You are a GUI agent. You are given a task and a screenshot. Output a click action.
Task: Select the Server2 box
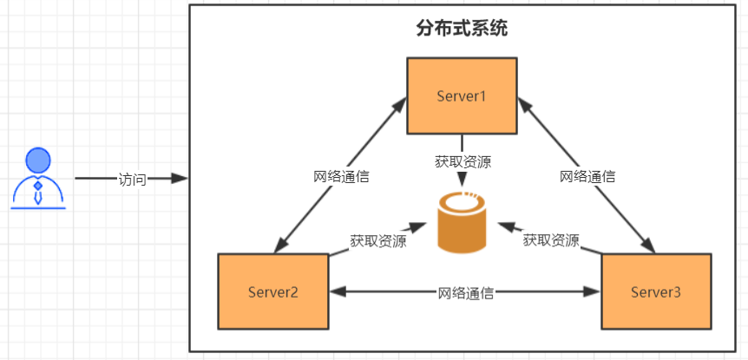[273, 291]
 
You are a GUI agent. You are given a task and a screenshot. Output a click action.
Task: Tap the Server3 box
[655, 291]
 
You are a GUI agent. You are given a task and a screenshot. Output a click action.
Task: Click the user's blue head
[37, 160]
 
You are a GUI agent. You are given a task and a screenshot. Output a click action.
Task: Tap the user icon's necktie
[37, 193]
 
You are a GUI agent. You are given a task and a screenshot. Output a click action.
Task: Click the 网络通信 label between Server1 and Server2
[341, 176]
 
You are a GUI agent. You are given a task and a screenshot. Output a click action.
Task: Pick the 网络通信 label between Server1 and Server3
[587, 176]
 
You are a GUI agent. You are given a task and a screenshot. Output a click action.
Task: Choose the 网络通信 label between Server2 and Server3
[465, 292]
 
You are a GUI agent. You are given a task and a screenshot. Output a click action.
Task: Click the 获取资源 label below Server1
[463, 160]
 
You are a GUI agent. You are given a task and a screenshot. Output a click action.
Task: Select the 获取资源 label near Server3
[551, 240]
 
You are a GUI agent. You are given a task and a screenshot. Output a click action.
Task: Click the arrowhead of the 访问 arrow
[180, 179]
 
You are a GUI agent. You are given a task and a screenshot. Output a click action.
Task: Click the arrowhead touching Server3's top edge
[651, 247]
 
